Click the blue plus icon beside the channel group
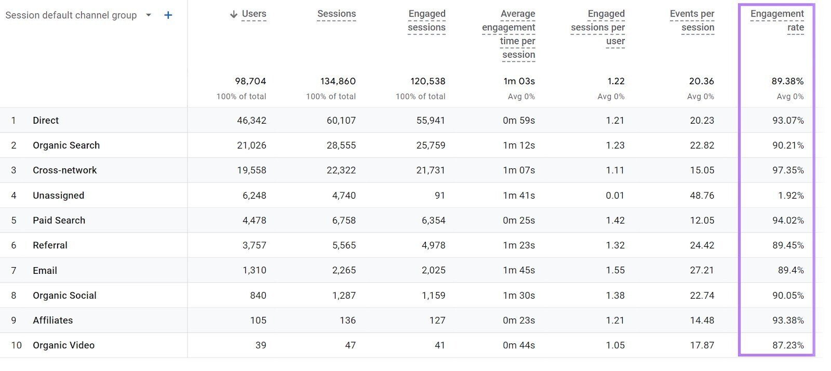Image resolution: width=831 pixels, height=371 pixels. coord(168,16)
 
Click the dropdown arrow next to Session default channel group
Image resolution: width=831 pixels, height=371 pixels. coord(149,15)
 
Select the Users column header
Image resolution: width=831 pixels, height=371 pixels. coord(253,14)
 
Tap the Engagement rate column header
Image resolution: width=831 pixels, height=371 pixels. coord(777,20)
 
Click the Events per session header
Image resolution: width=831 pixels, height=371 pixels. coord(692,20)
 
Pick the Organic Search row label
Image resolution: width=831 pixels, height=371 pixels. coord(66,145)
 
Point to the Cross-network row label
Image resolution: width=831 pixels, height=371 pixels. coord(64,170)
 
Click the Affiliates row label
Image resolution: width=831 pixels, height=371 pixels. coord(52,321)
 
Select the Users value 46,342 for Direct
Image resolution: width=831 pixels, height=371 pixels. coord(251,121)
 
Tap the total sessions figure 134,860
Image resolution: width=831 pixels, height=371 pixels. coord(338,81)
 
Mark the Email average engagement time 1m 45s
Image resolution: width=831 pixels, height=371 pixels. coord(518,270)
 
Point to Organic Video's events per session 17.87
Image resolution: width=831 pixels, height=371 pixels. coord(702,345)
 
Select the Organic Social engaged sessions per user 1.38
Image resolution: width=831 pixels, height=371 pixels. coord(615,295)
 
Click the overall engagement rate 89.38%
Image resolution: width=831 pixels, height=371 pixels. coord(787,81)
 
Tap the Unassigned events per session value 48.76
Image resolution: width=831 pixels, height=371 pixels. coord(702,195)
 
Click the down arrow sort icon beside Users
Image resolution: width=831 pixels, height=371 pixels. coord(234,15)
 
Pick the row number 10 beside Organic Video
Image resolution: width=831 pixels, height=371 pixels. coord(16,345)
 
